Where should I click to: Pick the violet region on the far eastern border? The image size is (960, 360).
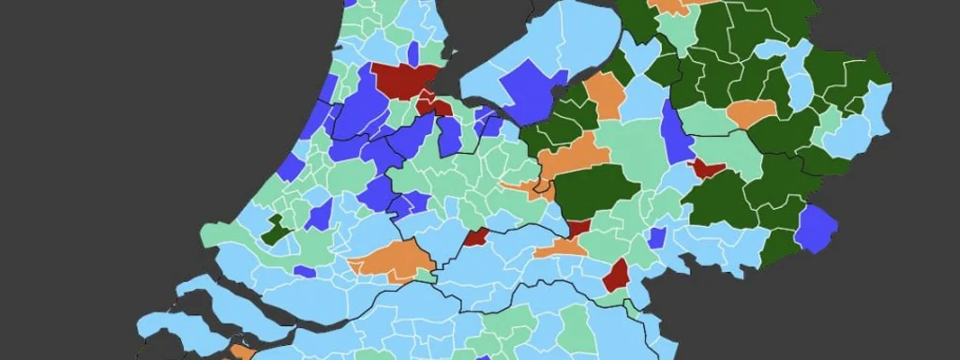tap(815, 229)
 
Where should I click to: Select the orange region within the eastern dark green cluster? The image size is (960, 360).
tap(751, 112)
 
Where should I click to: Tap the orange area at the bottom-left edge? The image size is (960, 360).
tap(241, 352)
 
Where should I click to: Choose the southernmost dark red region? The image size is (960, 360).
tap(616, 276)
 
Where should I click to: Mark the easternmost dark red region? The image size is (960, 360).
tap(706, 169)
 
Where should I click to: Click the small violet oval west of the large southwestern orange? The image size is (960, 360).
tap(305, 271)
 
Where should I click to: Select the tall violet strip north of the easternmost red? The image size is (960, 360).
tap(677, 131)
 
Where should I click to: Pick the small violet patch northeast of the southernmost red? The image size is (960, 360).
tap(657, 236)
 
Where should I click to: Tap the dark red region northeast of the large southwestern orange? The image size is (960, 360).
tap(476, 236)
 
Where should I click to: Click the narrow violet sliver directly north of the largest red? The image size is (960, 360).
tap(413, 52)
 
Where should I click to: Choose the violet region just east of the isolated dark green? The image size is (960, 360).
tap(319, 215)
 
